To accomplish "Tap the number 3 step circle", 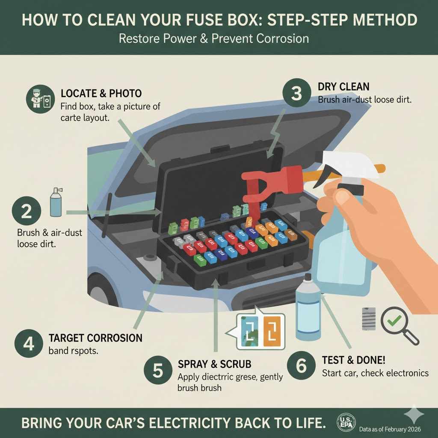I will pos(296,93).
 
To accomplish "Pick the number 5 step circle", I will pos(158,370).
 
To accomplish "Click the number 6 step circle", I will pos(302,366).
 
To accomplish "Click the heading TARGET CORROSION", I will pos(95,338).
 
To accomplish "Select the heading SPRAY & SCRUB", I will pos(214,364).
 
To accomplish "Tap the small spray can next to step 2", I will pos(56,202).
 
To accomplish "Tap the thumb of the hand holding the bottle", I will pos(338,198).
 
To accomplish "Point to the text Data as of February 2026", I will pos(390,429).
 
